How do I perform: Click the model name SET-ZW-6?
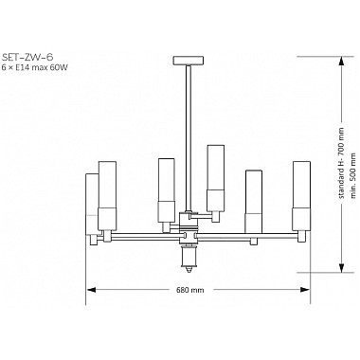coord(27,57)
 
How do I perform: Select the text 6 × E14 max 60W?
coord(35,67)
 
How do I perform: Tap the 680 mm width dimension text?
coord(194,290)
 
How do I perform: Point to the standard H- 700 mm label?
coord(341,163)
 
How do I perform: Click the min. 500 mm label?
coord(353,175)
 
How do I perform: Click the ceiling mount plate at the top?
coord(189,60)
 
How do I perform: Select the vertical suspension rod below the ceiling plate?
coord(189,137)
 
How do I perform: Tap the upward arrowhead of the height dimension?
coord(341,62)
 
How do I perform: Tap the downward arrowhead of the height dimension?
coord(341,267)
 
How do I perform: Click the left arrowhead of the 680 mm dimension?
coord(91,290)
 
